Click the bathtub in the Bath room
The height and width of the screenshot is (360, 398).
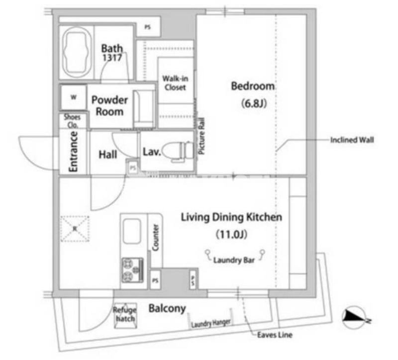coord(76,52)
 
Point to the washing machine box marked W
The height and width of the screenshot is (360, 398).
coord(73,98)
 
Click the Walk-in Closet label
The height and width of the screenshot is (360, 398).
coord(174,83)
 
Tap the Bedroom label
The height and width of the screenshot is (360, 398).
coord(253,86)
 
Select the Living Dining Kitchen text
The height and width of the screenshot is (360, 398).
coord(231,217)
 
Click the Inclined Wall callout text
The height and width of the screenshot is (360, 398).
coord(352,140)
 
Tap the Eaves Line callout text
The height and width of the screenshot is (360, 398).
coord(274,335)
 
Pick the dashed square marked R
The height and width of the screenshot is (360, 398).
coord(75,229)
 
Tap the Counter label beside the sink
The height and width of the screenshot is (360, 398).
coord(156,238)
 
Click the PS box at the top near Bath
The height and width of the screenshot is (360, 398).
coord(148,28)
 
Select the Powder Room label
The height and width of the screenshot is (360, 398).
coord(109,106)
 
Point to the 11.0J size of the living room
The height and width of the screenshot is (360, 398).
coord(231,234)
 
